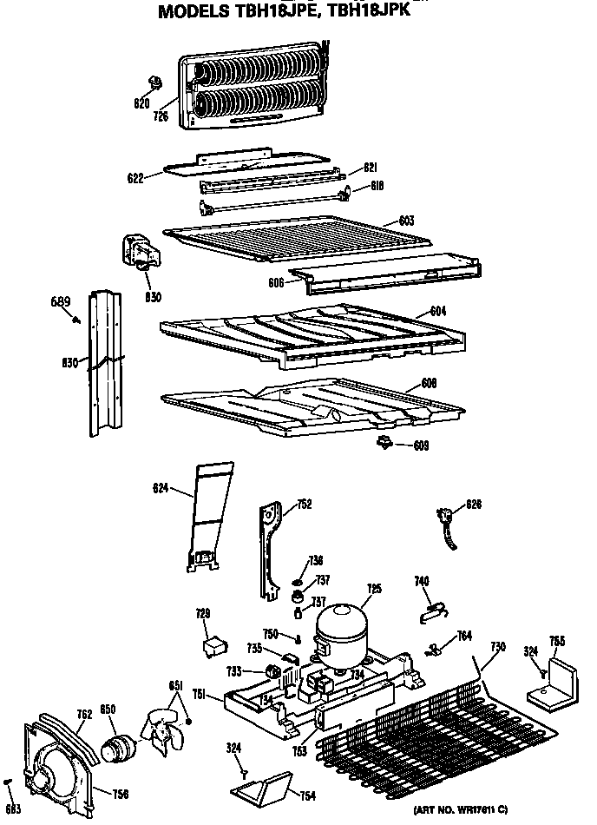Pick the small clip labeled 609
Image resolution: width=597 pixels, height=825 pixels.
(x=382, y=445)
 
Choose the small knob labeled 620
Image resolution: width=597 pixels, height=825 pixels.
(x=156, y=83)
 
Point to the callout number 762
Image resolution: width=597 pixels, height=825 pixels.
(x=83, y=715)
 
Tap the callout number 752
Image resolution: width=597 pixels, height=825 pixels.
(x=304, y=504)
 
